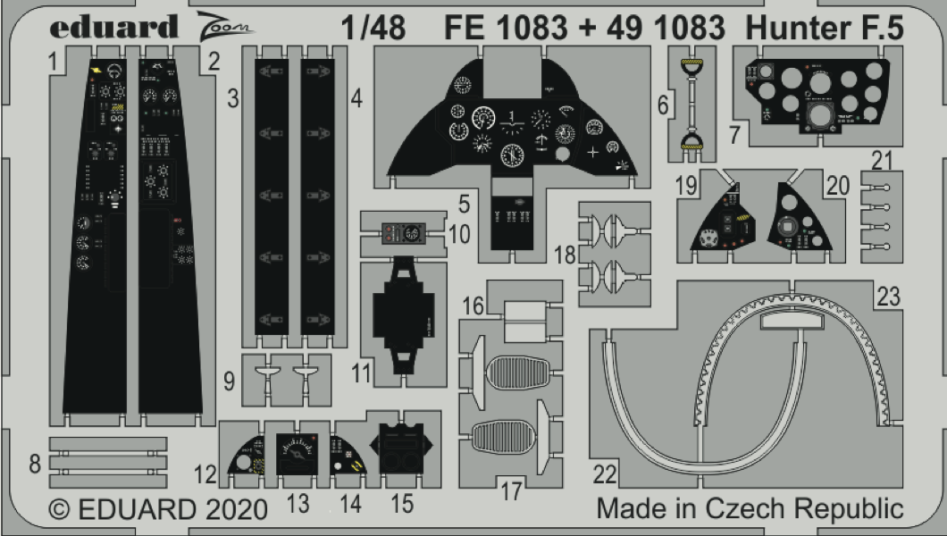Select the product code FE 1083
(507, 29)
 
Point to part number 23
(888, 298)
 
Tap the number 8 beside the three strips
(35, 463)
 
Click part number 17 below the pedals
(510, 490)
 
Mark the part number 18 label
(565, 255)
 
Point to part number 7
(734, 134)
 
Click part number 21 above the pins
(883, 161)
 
